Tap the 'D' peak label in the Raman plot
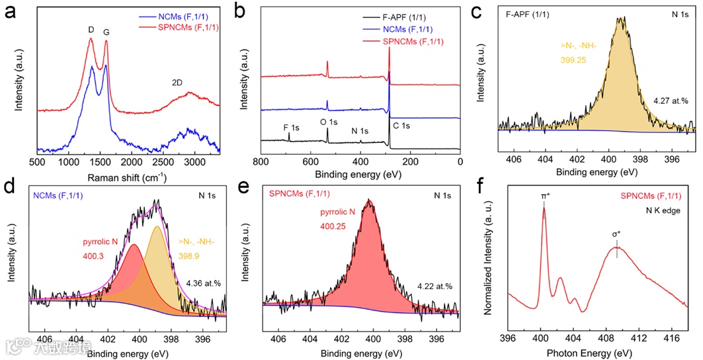pyautogui.click(x=91, y=30)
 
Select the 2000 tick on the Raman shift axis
pyautogui.click(x=132, y=161)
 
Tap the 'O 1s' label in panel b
pyautogui.click(x=328, y=122)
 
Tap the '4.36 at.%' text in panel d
pyautogui.click(x=204, y=283)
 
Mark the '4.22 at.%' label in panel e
pyautogui.click(x=434, y=286)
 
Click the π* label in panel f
pyautogui.click(x=544, y=196)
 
